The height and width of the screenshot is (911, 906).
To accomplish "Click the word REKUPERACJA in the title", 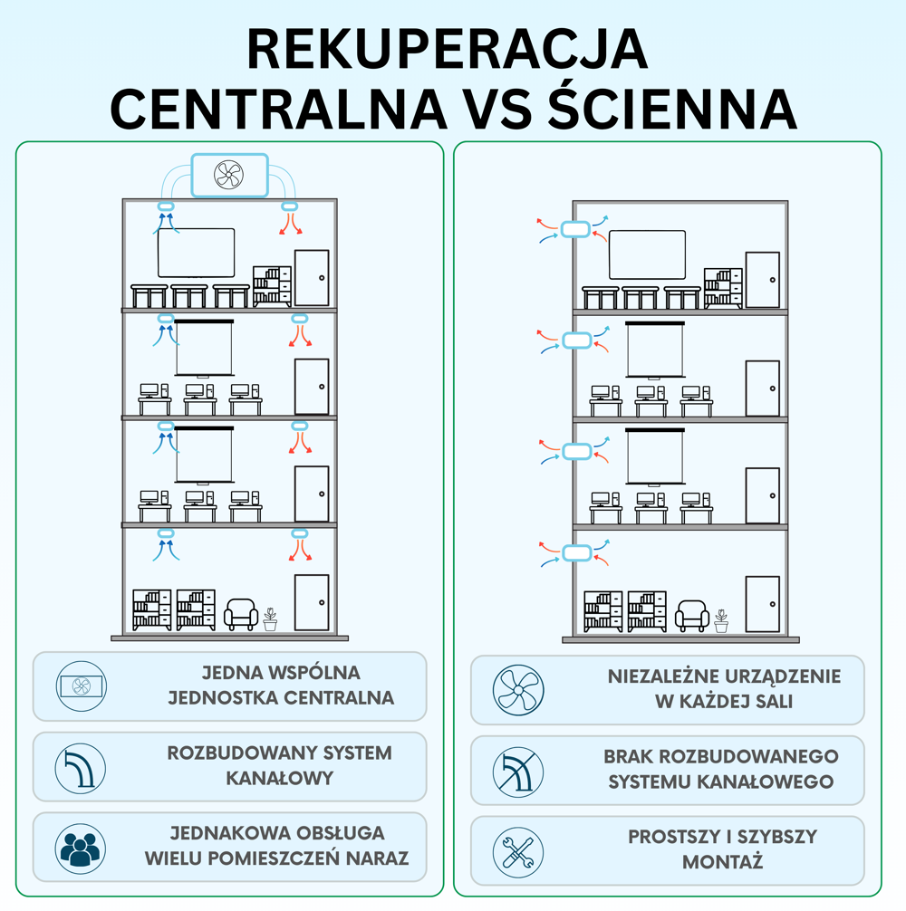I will pyautogui.click(x=448, y=49).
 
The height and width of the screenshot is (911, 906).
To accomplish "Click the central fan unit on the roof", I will pyautogui.click(x=229, y=175).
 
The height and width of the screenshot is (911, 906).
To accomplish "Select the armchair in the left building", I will pyautogui.click(x=240, y=614).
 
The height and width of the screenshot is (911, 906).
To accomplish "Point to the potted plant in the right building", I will pyautogui.click(x=720, y=620).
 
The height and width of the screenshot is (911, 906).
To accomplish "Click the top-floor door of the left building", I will pyautogui.click(x=312, y=278).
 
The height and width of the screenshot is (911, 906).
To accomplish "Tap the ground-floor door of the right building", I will pyautogui.click(x=762, y=604).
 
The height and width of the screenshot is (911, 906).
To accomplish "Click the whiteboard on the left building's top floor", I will pyautogui.click(x=197, y=253).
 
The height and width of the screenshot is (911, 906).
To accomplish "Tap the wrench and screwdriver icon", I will pyautogui.click(x=518, y=850).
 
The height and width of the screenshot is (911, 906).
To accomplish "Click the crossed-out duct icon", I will pyautogui.click(x=518, y=772).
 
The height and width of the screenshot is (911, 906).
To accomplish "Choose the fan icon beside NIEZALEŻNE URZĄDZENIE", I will pyautogui.click(x=518, y=691).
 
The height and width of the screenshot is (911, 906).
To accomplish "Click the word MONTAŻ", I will pyautogui.click(x=723, y=862).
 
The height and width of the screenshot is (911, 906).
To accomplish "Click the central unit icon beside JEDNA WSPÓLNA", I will pyautogui.click(x=81, y=686).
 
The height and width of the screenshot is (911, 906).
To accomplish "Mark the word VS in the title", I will pyautogui.click(x=495, y=108).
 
